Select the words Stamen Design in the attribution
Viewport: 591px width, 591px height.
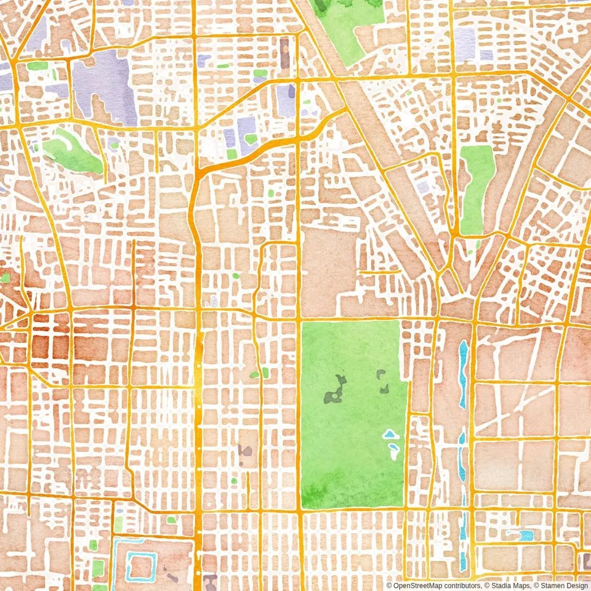[563, 585]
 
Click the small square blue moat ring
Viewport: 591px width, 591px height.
[141, 566]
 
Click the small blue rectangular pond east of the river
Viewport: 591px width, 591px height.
[526, 536]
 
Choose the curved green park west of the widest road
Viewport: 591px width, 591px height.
[71, 151]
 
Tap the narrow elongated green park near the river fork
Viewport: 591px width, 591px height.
[477, 188]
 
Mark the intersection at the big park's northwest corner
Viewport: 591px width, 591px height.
[299, 320]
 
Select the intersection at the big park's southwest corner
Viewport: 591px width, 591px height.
[300, 510]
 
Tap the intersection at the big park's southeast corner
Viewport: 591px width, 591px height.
[405, 509]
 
